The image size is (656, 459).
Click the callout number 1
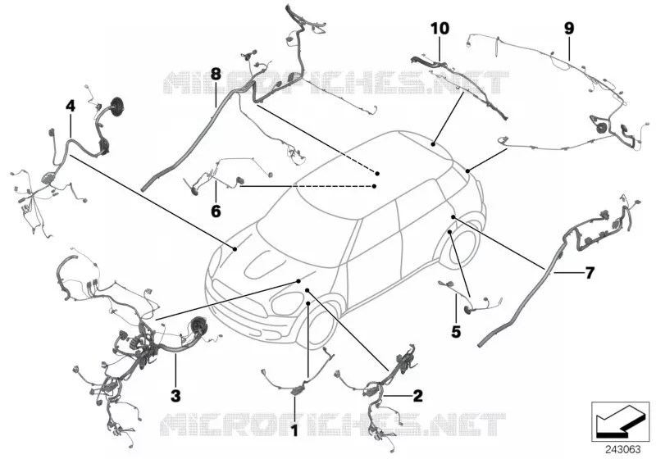point(294,429)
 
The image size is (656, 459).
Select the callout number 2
point(417,395)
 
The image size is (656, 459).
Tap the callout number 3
point(175,395)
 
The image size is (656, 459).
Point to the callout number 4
point(71,106)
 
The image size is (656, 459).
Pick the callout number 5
point(456,331)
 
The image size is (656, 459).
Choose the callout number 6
point(216,211)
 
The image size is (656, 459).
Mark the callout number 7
point(589,273)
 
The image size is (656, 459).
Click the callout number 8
point(216,75)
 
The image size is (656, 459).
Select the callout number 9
point(569,29)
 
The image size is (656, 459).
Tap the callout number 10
point(440,29)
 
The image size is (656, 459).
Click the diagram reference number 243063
point(623,450)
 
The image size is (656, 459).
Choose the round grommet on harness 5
point(467,311)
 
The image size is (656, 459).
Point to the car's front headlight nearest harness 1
point(288,304)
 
